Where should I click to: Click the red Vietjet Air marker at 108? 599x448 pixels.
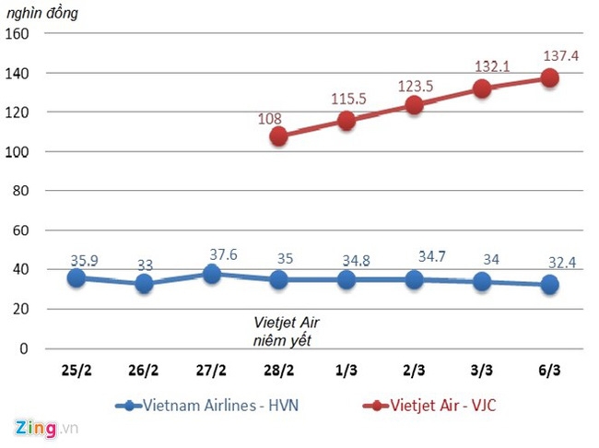pos(278,136)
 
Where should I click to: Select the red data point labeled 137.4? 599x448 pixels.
pos(549,78)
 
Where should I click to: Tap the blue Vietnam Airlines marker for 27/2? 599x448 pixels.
pos(211,274)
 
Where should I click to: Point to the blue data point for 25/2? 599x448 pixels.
pos(76,277)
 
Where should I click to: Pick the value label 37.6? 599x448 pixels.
pos(224,253)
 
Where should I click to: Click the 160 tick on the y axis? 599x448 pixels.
pos(18,33)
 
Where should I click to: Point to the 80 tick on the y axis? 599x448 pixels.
pos(22,191)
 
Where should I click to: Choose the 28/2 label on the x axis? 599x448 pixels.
pos(278,370)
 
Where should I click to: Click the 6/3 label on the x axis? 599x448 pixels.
pos(549,370)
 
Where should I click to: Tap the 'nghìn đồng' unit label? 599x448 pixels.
pos(43,12)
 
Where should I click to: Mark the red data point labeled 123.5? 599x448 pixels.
pos(414,105)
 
